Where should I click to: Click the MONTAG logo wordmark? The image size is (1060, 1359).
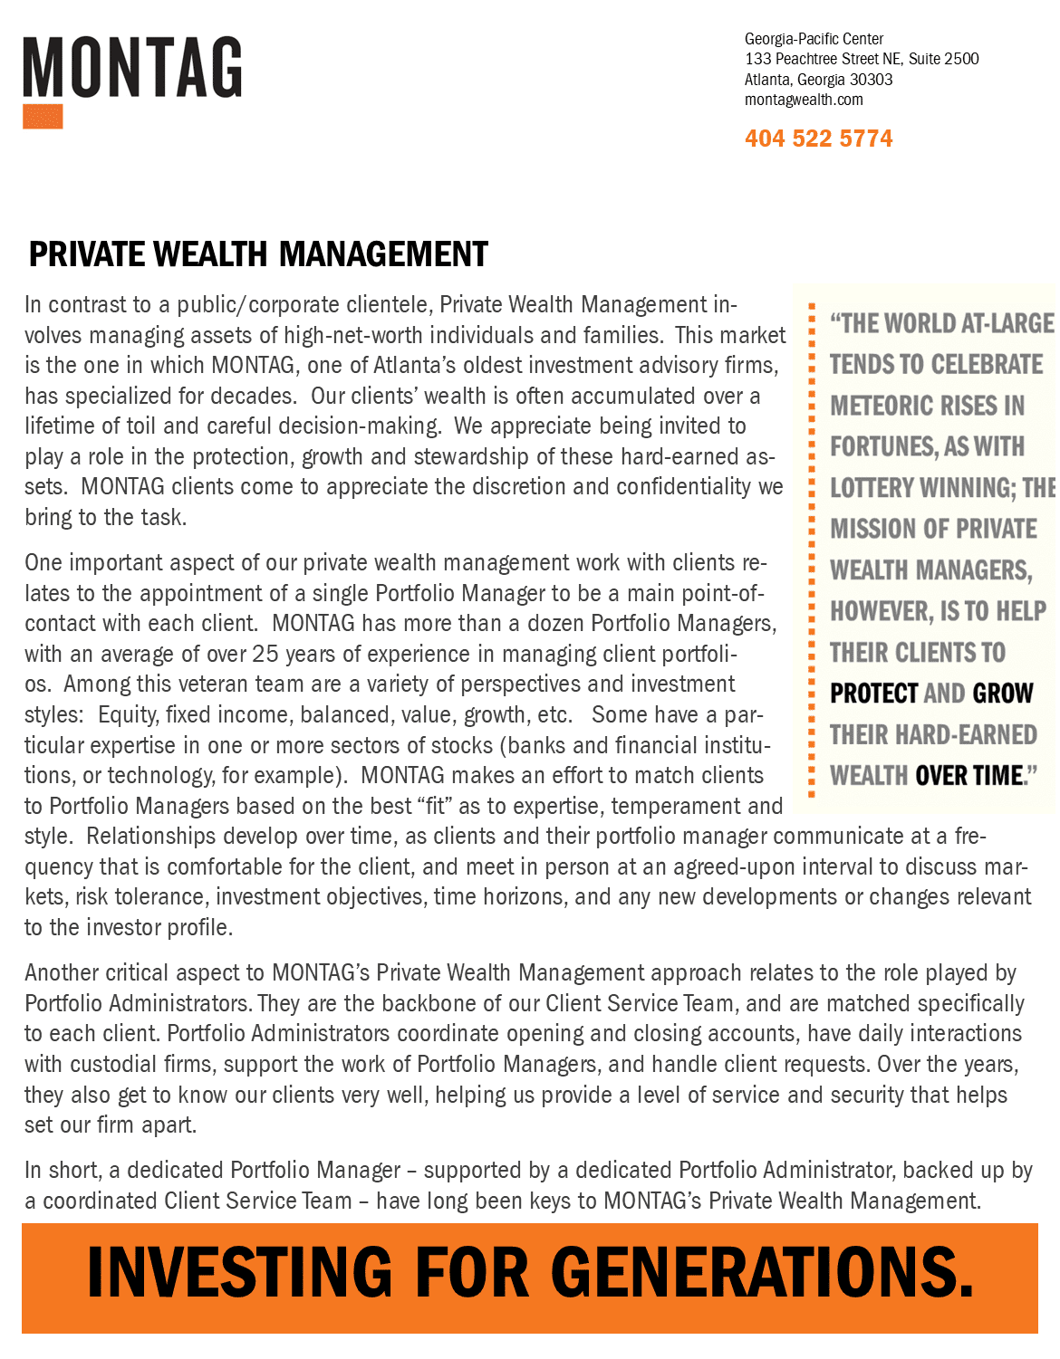point(132,68)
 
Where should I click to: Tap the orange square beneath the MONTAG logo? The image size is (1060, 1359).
point(43,117)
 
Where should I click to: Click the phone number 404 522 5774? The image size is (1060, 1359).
point(818,139)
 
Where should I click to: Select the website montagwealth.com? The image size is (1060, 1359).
point(803,100)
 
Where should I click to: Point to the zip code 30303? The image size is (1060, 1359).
point(871,80)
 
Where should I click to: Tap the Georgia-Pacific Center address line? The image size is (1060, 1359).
point(814,39)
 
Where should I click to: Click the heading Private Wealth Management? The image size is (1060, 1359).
point(258,254)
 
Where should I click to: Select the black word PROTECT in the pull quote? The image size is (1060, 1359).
point(874,694)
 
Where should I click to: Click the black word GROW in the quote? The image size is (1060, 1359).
point(1003,694)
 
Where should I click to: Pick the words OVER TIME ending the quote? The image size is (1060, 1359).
point(968,776)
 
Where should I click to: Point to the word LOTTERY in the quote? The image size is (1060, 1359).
point(872,488)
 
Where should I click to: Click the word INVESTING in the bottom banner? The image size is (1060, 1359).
point(239,1272)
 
